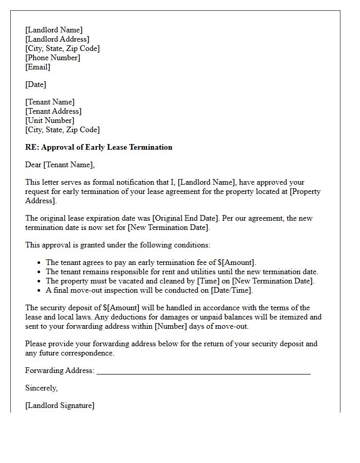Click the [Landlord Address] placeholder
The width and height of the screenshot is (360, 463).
57,39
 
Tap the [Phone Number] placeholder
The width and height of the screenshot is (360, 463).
52,58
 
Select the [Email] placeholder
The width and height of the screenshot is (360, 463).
38,67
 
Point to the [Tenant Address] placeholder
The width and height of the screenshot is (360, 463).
53,111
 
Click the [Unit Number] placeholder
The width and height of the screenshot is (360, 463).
49,120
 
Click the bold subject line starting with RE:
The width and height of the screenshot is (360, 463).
99,147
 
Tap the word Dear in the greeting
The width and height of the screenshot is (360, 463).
33,165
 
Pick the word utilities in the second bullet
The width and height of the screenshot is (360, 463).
205,272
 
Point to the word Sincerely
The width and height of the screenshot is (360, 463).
41,388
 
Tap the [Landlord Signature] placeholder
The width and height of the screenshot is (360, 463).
60,405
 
